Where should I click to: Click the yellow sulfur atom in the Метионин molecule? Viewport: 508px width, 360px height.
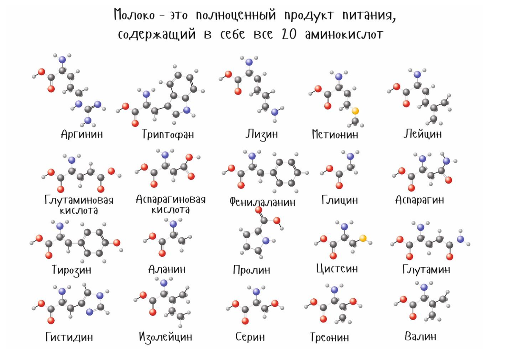coord(355,111)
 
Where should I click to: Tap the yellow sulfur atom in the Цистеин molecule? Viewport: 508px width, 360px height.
coord(363,238)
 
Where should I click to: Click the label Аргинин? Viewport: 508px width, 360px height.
coord(82,135)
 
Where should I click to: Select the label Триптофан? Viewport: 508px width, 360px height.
coord(168,135)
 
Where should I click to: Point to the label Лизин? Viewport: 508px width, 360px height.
coord(262,135)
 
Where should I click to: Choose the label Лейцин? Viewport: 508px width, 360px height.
coord(422,134)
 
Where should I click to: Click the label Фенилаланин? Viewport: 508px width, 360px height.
coord(262,202)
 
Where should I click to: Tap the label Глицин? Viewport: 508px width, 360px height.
coord(340,200)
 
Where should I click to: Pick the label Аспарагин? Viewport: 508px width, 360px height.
coord(420,200)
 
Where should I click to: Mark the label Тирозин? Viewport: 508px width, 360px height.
coord(72,269)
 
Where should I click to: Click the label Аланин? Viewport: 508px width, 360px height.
coord(167,269)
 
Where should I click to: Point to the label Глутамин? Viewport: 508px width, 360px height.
coord(426,269)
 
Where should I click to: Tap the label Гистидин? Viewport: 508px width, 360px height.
coord(69,337)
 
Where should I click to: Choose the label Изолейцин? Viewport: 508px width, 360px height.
coord(166,337)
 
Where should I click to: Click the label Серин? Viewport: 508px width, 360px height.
coord(250,337)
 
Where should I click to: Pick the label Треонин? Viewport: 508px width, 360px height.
coord(329,338)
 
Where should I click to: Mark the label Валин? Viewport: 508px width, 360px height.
coord(420,336)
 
